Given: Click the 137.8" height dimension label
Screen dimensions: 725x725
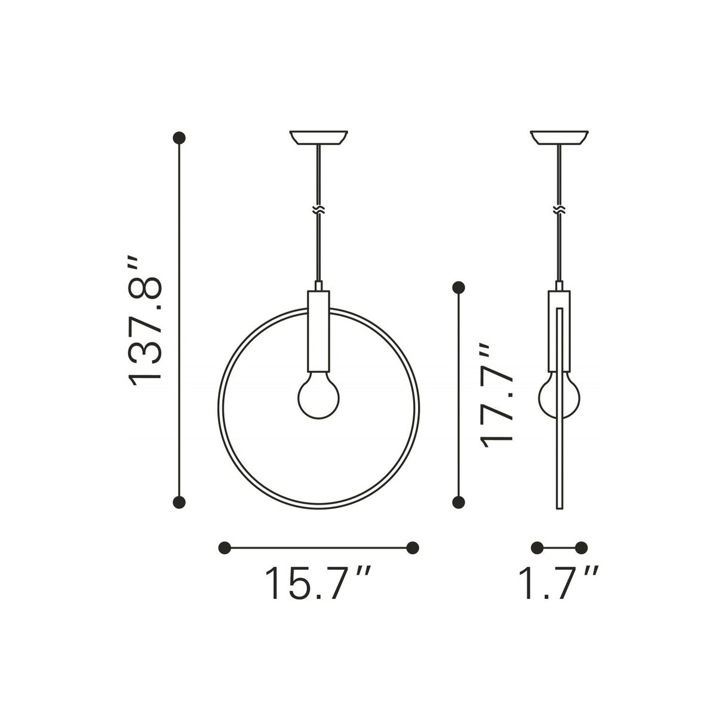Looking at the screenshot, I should (145, 320).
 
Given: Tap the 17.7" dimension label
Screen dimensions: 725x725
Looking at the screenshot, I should (497, 395).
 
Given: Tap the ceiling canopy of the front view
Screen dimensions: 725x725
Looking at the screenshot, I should (319, 137).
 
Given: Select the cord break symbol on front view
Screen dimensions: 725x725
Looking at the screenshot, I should (320, 210).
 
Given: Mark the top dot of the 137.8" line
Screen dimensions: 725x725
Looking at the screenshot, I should (179, 138).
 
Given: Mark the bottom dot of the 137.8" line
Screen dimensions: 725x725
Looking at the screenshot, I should (179, 502).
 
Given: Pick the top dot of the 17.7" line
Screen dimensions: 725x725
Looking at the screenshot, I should (459, 288).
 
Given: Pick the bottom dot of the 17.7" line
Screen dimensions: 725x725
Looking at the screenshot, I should (459, 502).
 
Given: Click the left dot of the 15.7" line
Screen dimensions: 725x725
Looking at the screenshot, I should (225, 548).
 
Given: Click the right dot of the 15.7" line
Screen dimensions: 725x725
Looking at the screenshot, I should (412, 548).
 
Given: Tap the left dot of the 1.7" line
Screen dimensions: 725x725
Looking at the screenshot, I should (537, 548).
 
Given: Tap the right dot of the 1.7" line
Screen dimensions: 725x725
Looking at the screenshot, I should (582, 548).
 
